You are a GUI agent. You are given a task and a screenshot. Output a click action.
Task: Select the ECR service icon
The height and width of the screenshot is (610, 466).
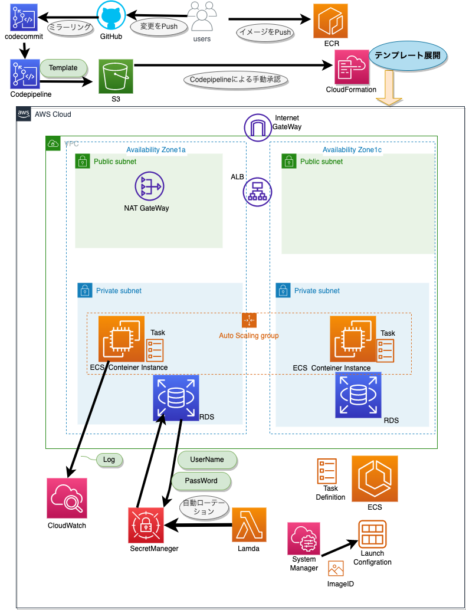[x=330, y=21]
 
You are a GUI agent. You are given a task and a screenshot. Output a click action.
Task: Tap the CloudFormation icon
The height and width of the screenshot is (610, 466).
[x=352, y=67]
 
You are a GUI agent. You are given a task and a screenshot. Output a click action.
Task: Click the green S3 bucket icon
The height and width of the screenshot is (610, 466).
[x=116, y=76]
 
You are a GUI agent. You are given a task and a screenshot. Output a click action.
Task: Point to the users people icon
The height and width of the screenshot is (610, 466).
[x=201, y=17]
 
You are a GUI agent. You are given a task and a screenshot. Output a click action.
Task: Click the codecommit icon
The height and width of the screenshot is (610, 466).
[x=24, y=17]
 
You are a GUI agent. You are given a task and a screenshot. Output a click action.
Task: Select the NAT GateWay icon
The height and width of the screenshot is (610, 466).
[x=147, y=187]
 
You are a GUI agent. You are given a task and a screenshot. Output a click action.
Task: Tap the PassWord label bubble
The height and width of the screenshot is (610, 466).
[x=201, y=481]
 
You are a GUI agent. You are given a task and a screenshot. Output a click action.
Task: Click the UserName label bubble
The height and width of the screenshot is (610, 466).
[x=206, y=459]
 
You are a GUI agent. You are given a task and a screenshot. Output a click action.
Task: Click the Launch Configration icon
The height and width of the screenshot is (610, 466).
[x=372, y=534]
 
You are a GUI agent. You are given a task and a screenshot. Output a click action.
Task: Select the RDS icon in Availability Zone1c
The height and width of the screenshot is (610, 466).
[x=358, y=394]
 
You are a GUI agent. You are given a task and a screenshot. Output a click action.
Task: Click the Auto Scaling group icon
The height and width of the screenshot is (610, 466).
[x=249, y=320]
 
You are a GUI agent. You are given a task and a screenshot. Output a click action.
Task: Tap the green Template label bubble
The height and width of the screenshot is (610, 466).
[x=63, y=68]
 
